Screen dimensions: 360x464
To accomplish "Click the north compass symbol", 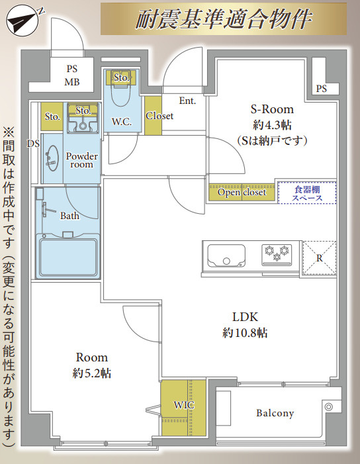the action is [22, 21].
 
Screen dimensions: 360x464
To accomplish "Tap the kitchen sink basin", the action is [226, 255].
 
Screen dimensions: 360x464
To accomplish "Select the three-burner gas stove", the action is [277, 255].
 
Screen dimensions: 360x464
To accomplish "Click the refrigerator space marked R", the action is [320, 258].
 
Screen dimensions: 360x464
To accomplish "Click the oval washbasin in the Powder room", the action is [52, 158].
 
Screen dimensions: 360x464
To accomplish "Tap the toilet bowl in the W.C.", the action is [121, 93].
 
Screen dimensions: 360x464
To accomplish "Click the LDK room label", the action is [245, 317].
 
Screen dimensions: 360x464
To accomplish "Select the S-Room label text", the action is [272, 109].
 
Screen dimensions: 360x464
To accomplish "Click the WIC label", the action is [184, 405].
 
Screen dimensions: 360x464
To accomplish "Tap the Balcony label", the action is [275, 413].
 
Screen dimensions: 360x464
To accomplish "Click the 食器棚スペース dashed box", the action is [307, 193].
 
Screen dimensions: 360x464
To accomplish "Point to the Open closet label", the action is [242, 193].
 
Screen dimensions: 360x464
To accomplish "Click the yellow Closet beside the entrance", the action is [154, 116].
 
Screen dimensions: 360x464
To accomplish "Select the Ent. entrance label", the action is [187, 101].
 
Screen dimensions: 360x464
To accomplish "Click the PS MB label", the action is [72, 75].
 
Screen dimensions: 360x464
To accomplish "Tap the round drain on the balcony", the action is [329, 407].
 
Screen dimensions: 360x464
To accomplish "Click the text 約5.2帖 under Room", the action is [92, 373].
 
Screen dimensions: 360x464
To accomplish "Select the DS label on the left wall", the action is [33, 144].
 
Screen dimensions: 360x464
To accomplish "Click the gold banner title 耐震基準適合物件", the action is [224, 19].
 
